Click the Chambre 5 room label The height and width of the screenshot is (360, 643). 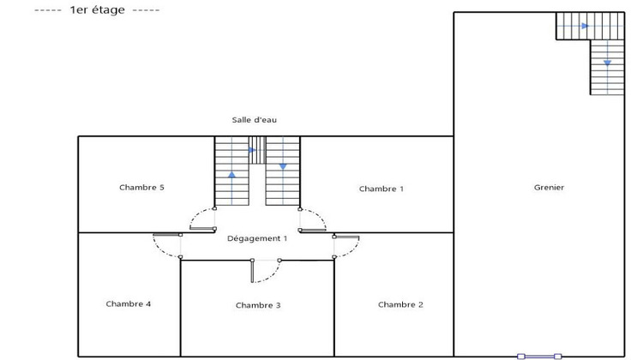pyautogui.click(x=141, y=188)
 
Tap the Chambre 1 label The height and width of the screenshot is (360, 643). pyautogui.click(x=382, y=189)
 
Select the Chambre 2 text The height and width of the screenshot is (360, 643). pyautogui.click(x=400, y=304)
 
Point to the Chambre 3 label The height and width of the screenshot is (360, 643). pyautogui.click(x=258, y=305)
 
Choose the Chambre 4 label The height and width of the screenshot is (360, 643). pyautogui.click(x=129, y=303)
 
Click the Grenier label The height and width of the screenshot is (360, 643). pyautogui.click(x=549, y=188)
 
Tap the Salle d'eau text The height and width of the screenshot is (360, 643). pyautogui.click(x=255, y=120)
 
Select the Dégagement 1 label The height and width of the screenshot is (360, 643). pyautogui.click(x=257, y=238)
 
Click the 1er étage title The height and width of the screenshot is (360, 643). pyautogui.click(x=97, y=9)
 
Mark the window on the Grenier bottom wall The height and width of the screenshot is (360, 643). pyautogui.click(x=539, y=357)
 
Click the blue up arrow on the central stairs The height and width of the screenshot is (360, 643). pyautogui.click(x=231, y=175)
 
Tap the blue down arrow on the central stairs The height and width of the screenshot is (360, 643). pyautogui.click(x=283, y=166)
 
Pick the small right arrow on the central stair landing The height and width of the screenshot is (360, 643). pyautogui.click(x=253, y=150)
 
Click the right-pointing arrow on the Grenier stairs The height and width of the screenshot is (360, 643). pyautogui.click(x=586, y=26)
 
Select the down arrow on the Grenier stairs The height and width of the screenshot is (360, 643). pyautogui.click(x=607, y=63)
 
